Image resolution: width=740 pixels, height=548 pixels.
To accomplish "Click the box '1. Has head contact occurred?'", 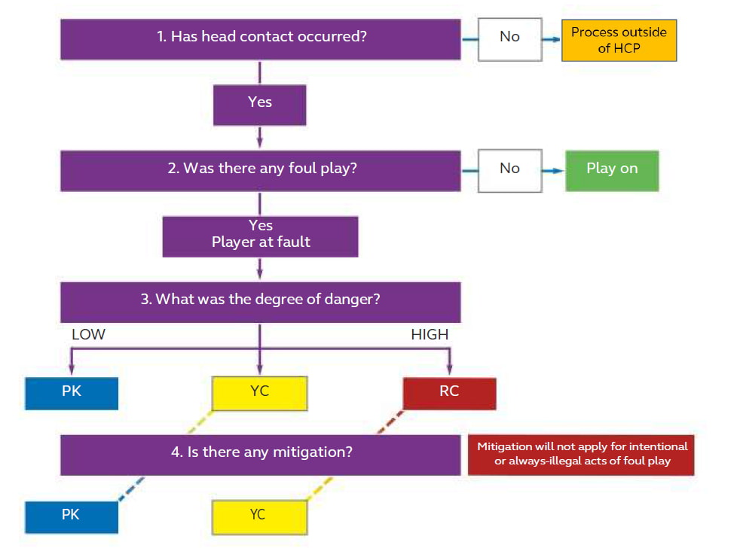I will [260, 38].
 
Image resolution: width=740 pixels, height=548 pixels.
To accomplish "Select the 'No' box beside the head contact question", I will [509, 38].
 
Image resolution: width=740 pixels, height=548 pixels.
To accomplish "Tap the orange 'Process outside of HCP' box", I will [618, 40].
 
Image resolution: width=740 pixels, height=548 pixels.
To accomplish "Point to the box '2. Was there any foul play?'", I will [260, 170].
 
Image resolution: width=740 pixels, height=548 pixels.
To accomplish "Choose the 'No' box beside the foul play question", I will [509, 169].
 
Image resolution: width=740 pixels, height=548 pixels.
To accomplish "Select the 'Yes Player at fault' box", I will [260, 235].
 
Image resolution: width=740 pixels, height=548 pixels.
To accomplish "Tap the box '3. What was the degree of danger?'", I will [260, 300].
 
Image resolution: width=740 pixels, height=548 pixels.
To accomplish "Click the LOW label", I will [88, 335].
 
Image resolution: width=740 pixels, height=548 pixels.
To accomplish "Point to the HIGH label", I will [430, 335].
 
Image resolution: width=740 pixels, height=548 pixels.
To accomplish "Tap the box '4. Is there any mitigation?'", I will [260, 454].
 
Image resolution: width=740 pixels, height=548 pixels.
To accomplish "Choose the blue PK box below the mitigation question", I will [72, 516].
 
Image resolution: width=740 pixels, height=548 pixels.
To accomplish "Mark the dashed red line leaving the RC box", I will [390, 422].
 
